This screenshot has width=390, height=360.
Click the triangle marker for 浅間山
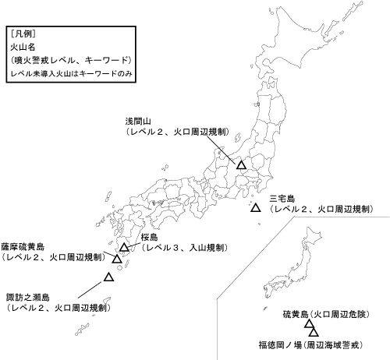pos(241,165)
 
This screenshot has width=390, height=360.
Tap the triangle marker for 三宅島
pos(255,208)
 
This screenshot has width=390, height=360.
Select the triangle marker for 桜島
pos(124,248)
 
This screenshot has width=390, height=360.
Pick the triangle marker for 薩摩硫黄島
pos(117,259)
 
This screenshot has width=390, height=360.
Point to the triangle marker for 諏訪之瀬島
pos(109,277)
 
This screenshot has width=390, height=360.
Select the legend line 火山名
pos(23,47)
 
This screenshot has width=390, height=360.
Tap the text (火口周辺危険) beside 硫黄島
pos(339,314)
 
